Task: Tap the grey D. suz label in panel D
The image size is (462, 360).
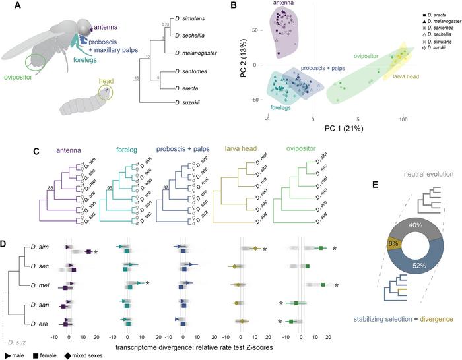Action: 18,342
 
